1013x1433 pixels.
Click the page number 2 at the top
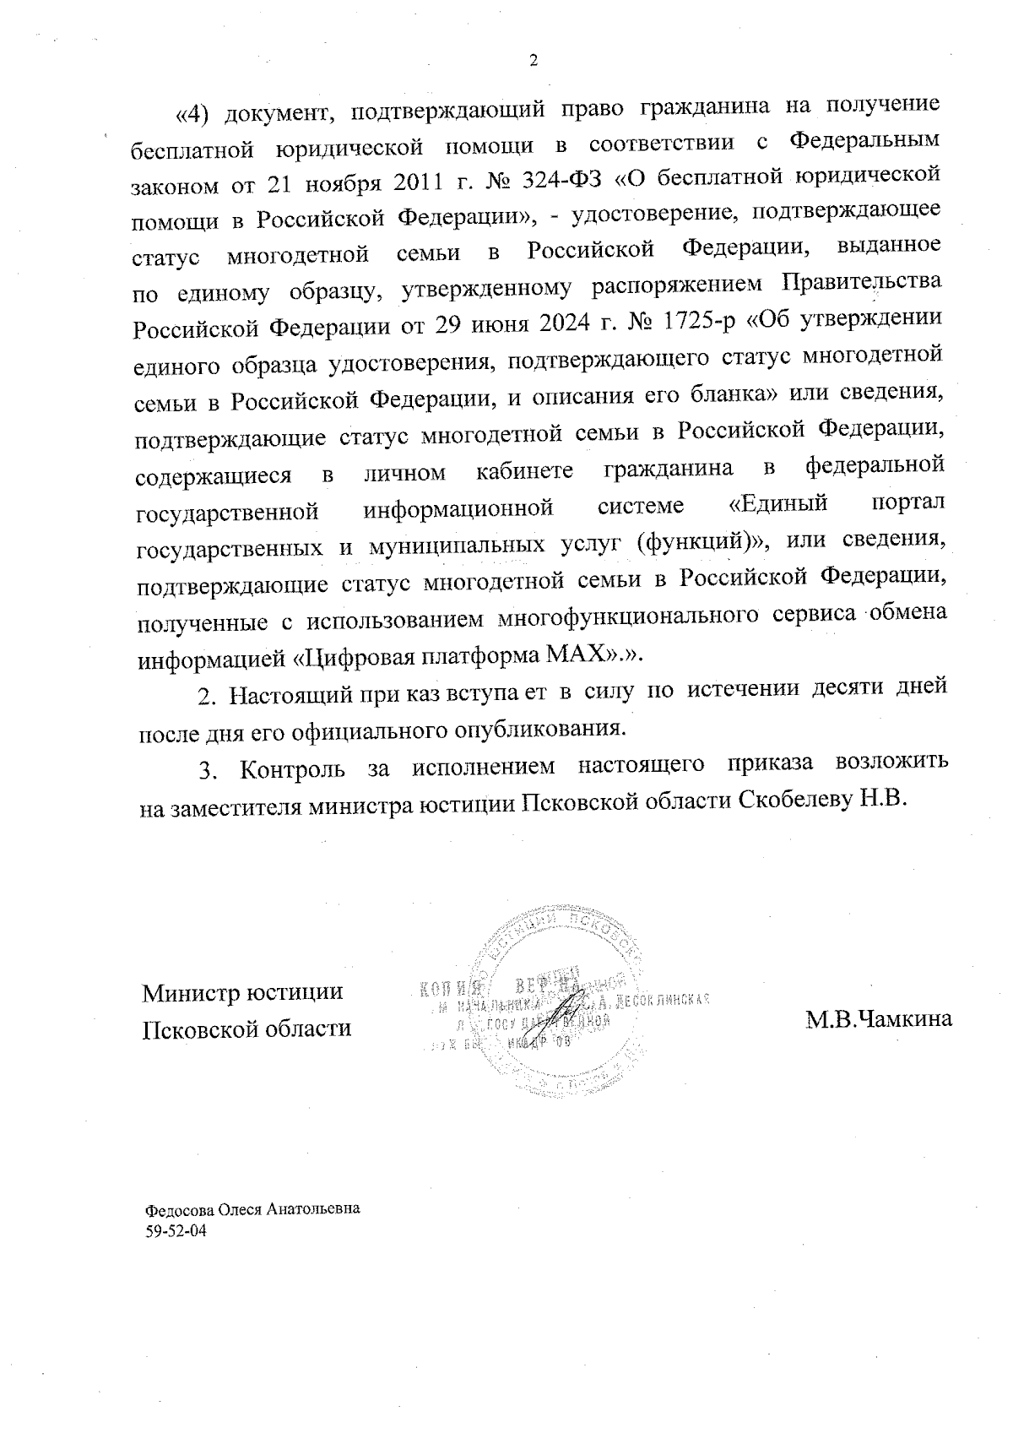coord(532,61)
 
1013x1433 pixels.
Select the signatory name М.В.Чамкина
coord(878,1019)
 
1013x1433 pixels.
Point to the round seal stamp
coord(559,1005)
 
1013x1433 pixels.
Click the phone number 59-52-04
coord(176,1232)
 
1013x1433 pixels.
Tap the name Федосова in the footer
coord(176,1209)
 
